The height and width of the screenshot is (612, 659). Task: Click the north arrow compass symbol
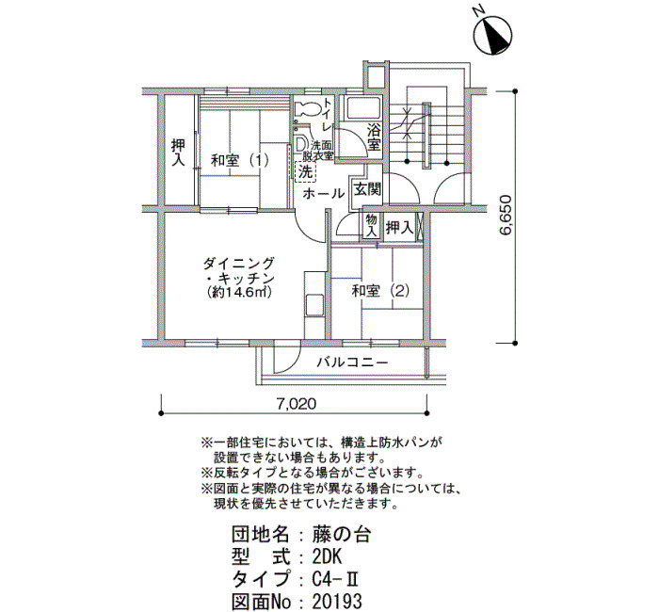tap(492, 35)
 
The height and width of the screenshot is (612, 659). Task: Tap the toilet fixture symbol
tap(306, 109)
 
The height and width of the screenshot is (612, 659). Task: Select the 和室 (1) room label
tap(240, 160)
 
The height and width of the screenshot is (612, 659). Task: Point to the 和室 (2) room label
tap(380, 291)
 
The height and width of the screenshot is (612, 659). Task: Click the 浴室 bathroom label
tap(374, 137)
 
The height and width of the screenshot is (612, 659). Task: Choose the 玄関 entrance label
tap(367, 189)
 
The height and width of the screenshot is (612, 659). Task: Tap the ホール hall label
tap(323, 193)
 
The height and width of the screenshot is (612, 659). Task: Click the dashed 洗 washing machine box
tap(306, 172)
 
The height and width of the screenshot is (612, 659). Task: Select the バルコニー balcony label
tap(352, 362)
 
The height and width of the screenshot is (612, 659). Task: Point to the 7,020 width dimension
tap(296, 404)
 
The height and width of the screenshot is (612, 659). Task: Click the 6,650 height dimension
tap(506, 216)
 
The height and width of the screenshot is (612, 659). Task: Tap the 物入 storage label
tap(371, 225)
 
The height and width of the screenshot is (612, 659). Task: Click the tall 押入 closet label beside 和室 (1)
tap(179, 153)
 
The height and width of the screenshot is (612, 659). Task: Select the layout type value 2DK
tap(327, 557)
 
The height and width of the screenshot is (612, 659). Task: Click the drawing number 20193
tap(337, 602)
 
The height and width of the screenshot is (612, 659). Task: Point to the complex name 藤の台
tap(341, 535)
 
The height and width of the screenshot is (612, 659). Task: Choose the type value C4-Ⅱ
tap(335, 580)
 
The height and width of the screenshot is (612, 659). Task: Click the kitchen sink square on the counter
tap(314, 305)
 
